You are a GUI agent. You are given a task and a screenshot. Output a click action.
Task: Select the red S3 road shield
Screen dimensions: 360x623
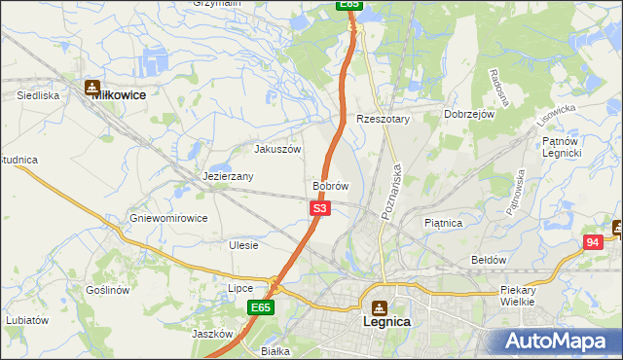321,208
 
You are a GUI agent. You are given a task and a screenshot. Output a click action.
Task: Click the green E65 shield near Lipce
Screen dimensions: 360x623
259,307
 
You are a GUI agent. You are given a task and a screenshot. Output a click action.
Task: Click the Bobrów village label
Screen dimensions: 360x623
330,185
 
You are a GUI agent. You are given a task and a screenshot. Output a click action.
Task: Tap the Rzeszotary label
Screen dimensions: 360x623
384,119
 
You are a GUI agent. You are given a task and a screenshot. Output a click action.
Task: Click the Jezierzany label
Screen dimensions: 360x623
228,177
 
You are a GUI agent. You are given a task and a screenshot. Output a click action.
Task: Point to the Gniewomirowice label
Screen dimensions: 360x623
169,218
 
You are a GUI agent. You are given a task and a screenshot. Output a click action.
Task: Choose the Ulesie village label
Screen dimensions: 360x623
243,245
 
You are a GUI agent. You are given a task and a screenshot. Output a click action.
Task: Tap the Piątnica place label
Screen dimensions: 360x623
443,223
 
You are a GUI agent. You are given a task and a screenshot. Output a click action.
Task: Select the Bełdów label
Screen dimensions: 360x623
489,260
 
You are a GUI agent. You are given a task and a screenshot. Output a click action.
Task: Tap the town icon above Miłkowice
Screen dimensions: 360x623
93,85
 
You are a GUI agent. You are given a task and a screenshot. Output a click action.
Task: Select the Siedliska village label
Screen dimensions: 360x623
39,96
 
